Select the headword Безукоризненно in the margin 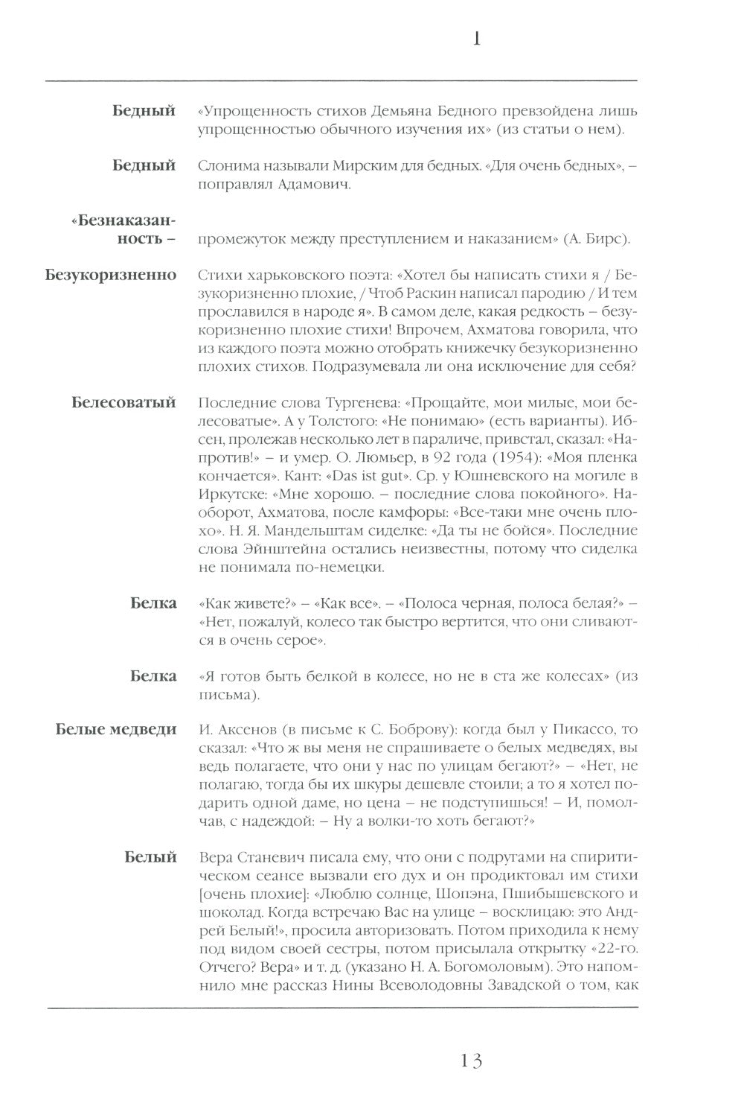(111, 275)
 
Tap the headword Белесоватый (124, 403)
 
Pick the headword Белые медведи (116, 728)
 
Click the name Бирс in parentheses (596, 239)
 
